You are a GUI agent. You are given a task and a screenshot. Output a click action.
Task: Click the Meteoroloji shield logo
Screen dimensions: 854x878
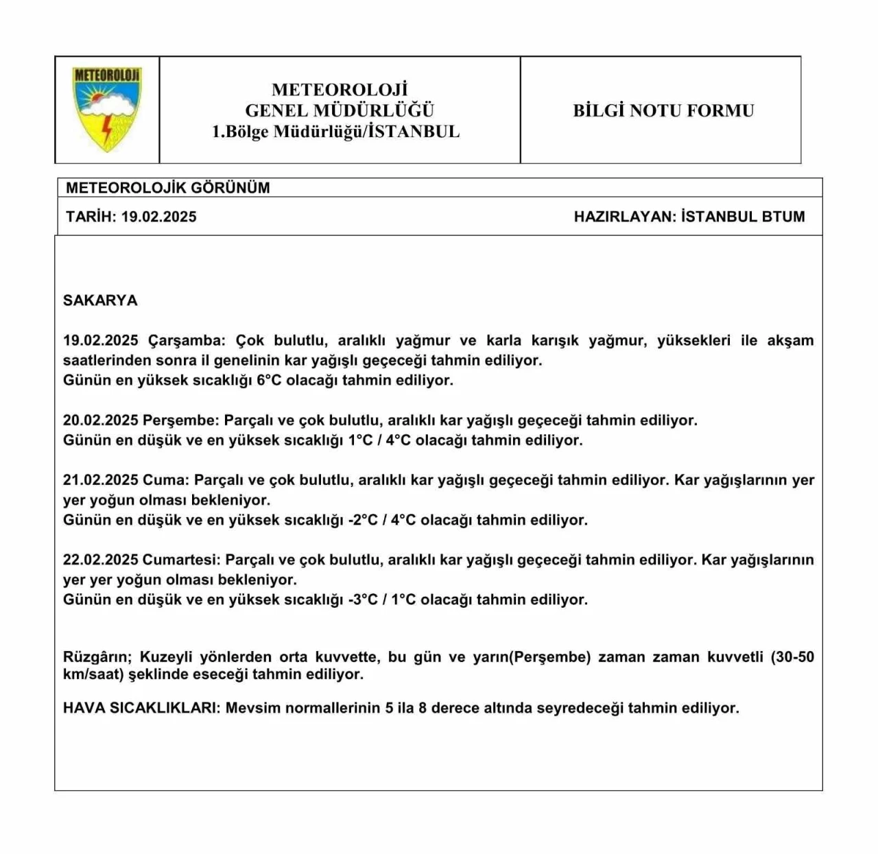[x=107, y=108]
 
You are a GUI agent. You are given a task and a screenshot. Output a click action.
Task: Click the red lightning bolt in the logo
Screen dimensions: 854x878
[x=107, y=130]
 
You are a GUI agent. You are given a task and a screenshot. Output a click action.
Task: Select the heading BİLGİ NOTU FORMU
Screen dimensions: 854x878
[x=663, y=110]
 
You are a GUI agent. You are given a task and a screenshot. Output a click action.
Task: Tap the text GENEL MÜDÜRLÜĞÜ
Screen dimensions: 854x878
[x=340, y=110]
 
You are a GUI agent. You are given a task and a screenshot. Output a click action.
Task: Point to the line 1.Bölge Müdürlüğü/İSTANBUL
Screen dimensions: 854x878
[x=336, y=132]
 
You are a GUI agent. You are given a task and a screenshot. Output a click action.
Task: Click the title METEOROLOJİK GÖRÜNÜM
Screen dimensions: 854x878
[x=168, y=188]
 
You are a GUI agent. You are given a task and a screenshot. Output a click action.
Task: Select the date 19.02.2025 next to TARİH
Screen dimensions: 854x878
[x=159, y=217]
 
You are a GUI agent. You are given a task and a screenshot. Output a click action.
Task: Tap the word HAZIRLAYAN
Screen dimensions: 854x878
[x=625, y=217]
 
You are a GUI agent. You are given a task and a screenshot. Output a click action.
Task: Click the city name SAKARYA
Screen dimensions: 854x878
[x=100, y=300]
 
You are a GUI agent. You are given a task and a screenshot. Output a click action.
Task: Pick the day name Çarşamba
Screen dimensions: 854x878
[x=186, y=341]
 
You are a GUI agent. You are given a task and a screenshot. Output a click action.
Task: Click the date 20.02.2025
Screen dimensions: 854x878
[x=101, y=420]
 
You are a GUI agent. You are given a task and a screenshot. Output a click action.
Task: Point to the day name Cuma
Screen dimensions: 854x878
[x=165, y=480]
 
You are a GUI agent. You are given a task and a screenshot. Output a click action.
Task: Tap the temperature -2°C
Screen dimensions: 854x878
[x=363, y=520]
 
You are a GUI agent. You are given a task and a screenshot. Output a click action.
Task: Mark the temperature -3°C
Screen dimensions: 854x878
[x=363, y=600]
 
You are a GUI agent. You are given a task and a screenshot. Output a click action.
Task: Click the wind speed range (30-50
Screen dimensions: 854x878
[x=792, y=657]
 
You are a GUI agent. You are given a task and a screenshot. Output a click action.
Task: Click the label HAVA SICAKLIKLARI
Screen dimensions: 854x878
[x=141, y=708]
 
